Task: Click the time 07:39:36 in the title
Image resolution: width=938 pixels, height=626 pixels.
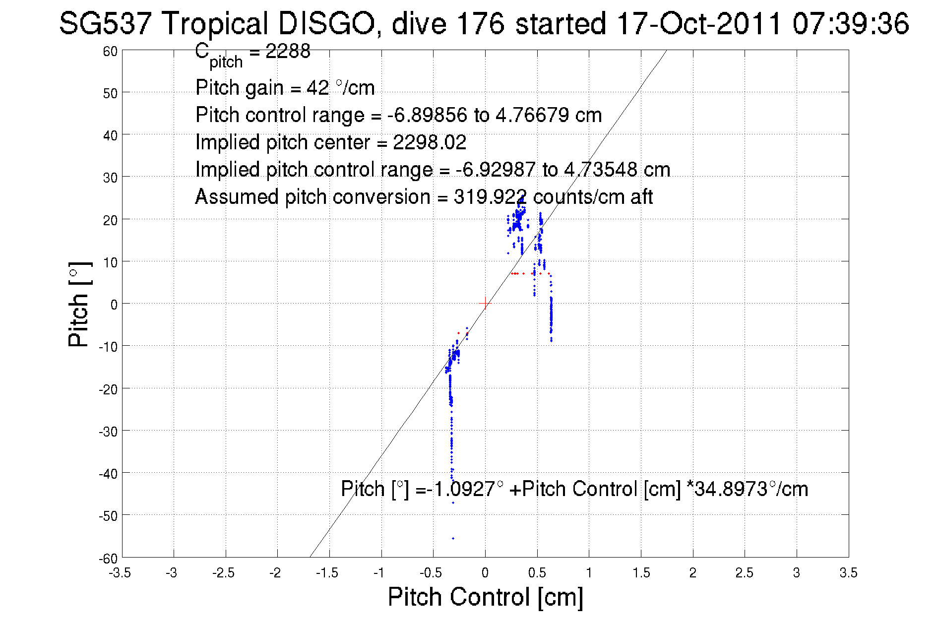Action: point(850,23)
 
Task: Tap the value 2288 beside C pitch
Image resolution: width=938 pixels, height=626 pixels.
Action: point(288,51)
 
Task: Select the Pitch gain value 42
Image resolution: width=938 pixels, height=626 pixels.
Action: point(317,88)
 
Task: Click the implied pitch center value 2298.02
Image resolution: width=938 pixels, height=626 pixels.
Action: point(430,142)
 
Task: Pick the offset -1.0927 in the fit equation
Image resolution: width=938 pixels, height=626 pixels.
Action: point(461,489)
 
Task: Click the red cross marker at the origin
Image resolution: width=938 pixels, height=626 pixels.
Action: point(485,303)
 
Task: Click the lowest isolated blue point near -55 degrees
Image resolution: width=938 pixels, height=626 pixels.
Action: point(453,538)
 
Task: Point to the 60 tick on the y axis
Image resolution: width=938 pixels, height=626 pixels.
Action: point(110,52)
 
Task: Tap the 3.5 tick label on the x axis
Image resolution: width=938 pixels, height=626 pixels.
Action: point(848,573)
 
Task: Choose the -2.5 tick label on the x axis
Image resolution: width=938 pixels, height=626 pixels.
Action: point(223,573)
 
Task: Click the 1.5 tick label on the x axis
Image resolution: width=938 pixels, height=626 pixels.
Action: point(640,573)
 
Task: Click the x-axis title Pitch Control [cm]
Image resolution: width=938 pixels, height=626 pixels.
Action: point(485,597)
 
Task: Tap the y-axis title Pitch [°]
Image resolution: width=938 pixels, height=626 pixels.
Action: point(79,304)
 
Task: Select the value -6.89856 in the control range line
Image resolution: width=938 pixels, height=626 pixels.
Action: point(427,115)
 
